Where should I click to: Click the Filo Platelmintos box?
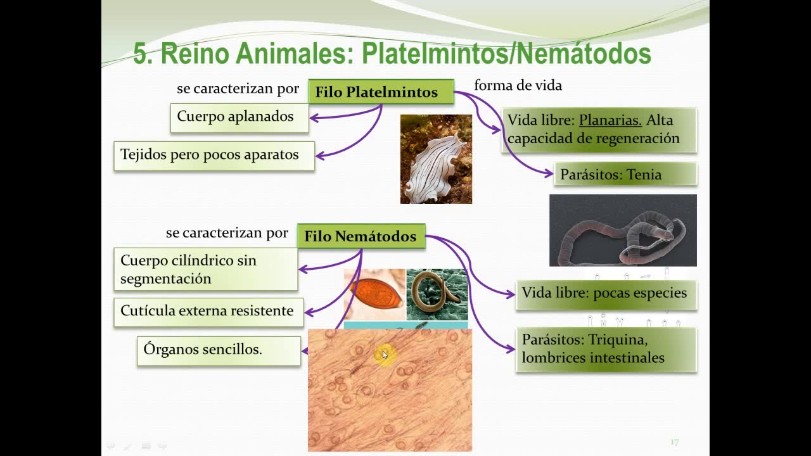(381, 92)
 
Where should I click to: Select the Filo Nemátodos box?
(361, 236)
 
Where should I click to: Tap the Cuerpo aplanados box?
(239, 117)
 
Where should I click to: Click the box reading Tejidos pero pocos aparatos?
(214, 155)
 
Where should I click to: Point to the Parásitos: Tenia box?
(625, 174)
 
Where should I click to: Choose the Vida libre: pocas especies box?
(606, 293)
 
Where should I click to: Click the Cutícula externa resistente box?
(208, 312)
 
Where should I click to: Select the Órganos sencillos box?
(219, 350)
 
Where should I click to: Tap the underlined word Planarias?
(610, 120)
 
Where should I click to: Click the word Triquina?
(618, 339)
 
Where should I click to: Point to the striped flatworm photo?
(436, 159)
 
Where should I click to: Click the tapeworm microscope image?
(623, 231)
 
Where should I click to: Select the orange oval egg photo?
(374, 294)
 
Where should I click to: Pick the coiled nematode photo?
(437, 294)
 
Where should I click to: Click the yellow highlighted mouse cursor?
(384, 355)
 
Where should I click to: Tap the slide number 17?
(674, 442)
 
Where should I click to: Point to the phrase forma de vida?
(518, 85)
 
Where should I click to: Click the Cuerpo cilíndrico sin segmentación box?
(206, 269)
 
